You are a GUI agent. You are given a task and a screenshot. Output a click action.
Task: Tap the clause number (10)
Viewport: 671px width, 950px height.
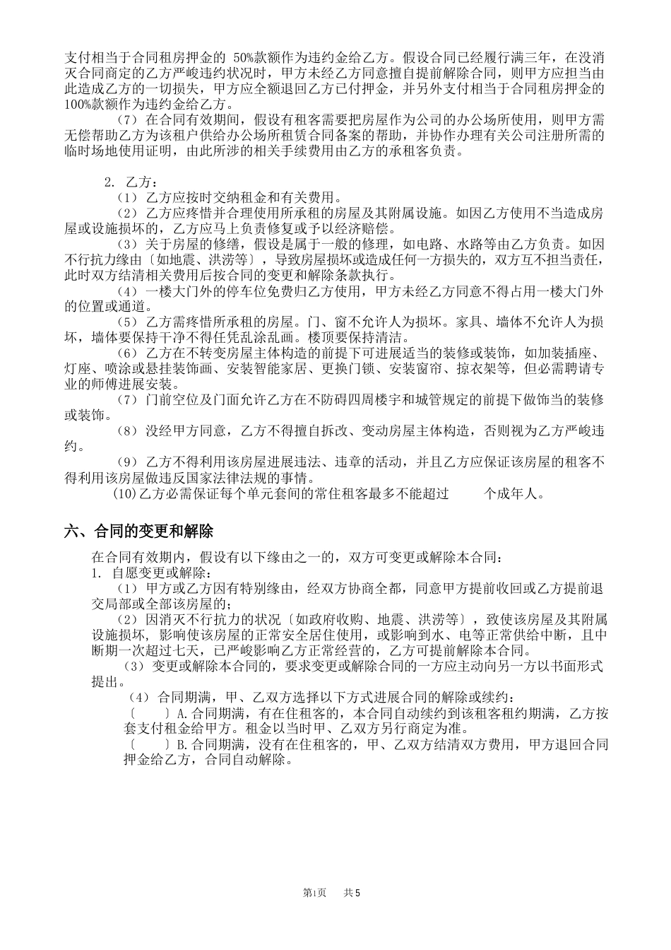(x=126, y=494)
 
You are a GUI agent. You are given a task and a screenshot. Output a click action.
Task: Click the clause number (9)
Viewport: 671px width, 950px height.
(x=129, y=463)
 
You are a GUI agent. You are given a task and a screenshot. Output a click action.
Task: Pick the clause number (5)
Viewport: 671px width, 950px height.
(x=129, y=322)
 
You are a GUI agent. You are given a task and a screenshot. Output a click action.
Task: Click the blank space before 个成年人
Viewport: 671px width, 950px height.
(x=466, y=494)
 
